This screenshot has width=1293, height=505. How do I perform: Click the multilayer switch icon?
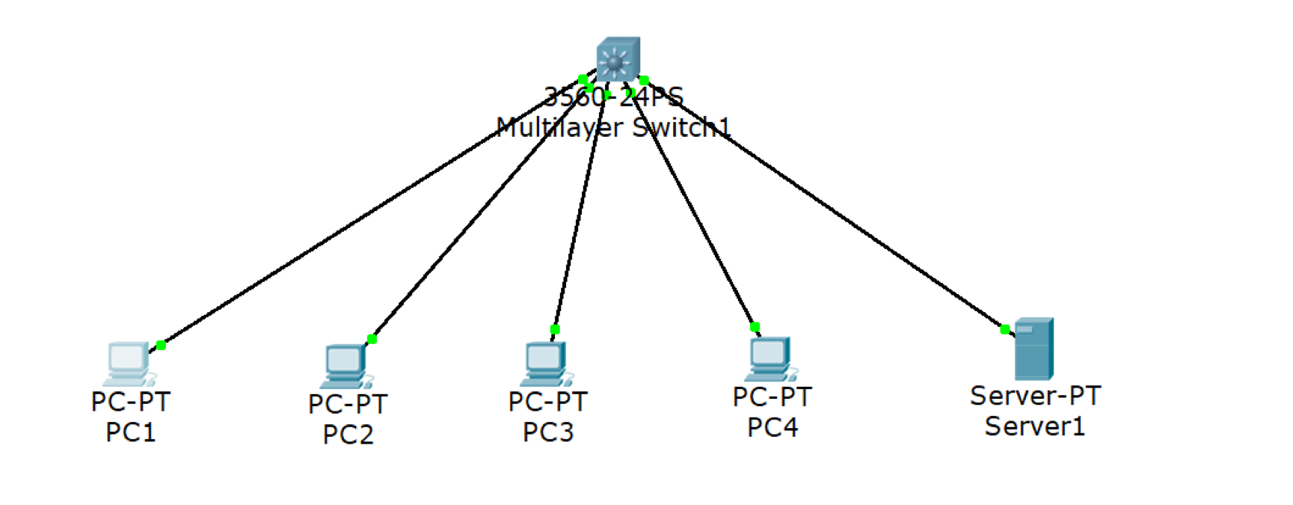coord(618,59)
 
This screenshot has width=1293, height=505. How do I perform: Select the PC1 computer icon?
coord(129,364)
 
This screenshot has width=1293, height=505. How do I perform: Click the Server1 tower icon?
coord(1034,349)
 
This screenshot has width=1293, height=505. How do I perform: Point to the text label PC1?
coord(131,432)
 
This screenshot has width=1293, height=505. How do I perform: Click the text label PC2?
coord(348,435)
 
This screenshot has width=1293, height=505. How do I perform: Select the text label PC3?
coord(548,432)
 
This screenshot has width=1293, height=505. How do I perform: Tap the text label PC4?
coord(773,427)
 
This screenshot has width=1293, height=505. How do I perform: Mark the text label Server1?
coord(1034,426)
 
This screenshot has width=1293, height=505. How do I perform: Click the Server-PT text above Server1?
coord(1035,396)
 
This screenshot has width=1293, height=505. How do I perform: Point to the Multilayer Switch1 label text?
coord(613,128)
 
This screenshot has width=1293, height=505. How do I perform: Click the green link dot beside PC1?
coord(161,345)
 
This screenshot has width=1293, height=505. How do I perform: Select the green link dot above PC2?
coord(372,339)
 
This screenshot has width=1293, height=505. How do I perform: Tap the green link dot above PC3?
coord(555,329)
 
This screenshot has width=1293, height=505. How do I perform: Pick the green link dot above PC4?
coord(755,327)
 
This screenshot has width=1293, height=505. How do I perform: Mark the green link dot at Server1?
coord(1005,329)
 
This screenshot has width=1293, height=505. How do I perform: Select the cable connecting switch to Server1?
coord(823,203)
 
